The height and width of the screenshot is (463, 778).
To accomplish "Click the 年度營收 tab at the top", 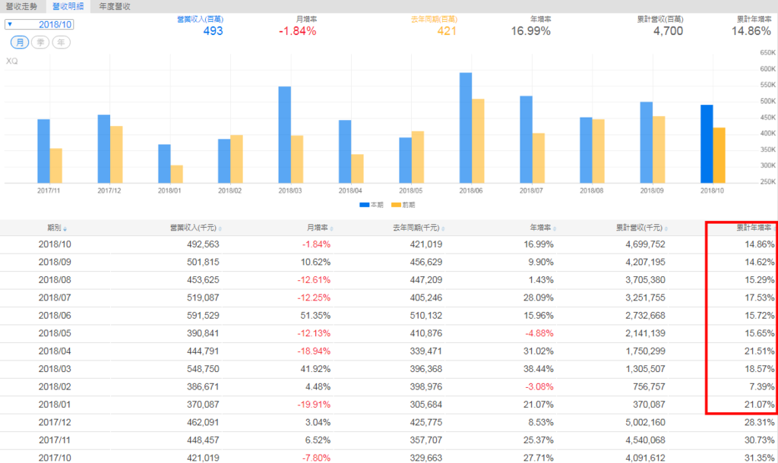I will tap(115, 6).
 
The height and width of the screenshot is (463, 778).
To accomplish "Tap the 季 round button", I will tap(40, 43).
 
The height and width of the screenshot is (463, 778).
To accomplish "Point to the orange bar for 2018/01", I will tap(176, 174).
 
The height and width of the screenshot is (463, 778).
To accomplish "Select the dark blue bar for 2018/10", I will tap(707, 143).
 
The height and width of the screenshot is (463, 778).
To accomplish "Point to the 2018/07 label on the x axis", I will tap(532, 191).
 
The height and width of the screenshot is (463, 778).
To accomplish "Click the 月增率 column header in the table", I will tap(318, 227).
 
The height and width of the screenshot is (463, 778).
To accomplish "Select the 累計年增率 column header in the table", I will tap(752, 227).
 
